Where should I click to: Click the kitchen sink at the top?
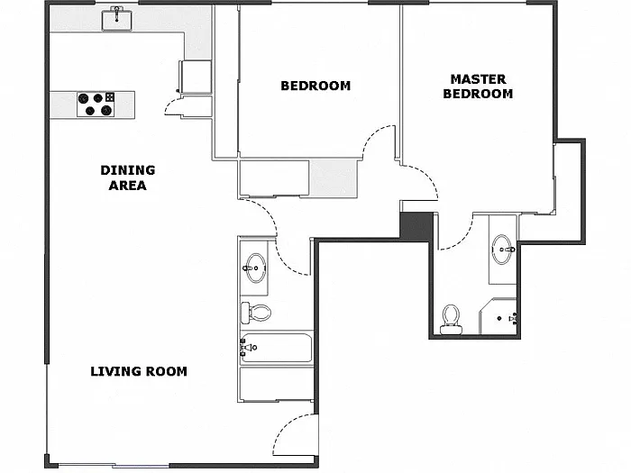point(116,19)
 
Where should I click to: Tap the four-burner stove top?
point(96,105)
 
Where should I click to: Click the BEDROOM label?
point(315,86)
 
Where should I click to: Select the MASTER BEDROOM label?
point(478,86)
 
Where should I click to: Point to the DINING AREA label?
point(128,177)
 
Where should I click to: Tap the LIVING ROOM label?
point(139,371)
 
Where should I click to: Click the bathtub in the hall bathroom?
point(277,348)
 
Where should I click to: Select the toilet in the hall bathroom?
point(256,312)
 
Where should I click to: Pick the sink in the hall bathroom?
point(255,268)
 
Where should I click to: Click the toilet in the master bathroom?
point(451,319)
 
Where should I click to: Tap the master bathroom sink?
point(503,250)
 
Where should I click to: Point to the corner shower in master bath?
point(498,316)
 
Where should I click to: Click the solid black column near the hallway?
point(416,226)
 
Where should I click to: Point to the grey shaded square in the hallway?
point(334,178)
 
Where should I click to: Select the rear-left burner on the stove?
point(83,97)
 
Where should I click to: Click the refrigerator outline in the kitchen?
point(196,77)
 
